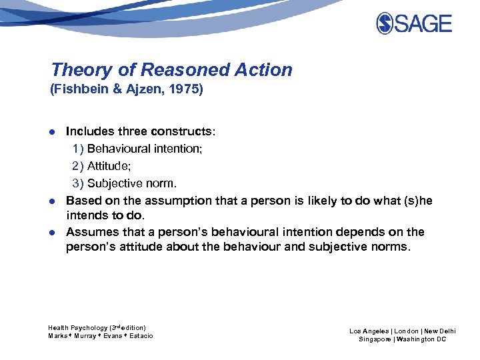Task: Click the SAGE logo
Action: [x=413, y=23]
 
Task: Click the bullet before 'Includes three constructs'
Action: [x=53, y=132]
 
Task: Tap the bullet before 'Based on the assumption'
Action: [x=53, y=201]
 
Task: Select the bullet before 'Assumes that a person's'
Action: [x=53, y=232]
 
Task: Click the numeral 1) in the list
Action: [x=78, y=149]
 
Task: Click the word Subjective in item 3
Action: [x=115, y=183]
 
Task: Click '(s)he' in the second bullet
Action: [x=416, y=200]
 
